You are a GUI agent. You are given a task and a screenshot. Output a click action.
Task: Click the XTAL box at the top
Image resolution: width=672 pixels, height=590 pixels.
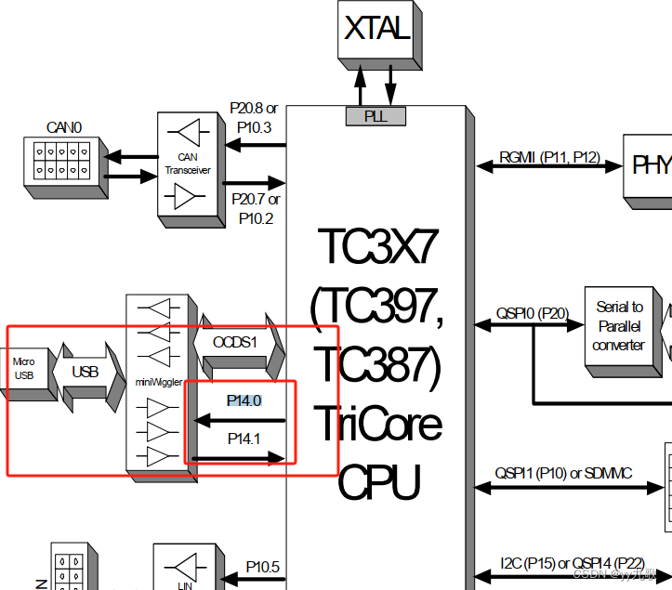pos(376,29)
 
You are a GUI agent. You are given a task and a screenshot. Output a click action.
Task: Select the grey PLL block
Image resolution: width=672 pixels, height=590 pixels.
pos(376,116)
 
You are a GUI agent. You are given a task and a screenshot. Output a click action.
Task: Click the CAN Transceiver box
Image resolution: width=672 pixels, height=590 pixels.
pos(188,164)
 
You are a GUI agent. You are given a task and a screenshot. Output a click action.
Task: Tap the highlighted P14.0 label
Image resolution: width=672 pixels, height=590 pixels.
pos(244,400)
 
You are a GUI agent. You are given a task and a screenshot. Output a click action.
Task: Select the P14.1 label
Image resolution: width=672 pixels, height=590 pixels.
pos(244,438)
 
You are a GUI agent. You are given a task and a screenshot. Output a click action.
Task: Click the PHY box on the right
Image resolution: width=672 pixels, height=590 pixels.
pos(652,166)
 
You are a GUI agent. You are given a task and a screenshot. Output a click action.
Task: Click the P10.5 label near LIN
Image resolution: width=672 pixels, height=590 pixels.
pos(263,566)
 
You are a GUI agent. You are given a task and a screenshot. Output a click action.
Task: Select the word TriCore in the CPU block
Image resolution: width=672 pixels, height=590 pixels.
pos(376,425)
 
